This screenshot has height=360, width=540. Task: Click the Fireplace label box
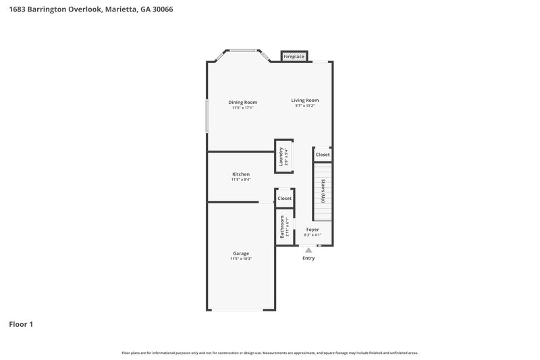[x=294, y=57]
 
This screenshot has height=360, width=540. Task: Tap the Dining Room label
[x=242, y=102]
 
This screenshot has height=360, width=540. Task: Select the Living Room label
[x=304, y=100]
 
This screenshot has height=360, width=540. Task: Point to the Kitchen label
[x=241, y=174]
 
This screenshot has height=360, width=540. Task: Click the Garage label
[x=241, y=253]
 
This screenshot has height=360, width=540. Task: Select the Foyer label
[x=312, y=230]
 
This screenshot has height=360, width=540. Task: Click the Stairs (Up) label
[x=323, y=191]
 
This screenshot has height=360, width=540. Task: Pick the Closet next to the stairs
[x=323, y=155]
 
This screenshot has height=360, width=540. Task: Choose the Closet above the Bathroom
[x=284, y=199]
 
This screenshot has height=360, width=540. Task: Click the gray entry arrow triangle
[x=308, y=250]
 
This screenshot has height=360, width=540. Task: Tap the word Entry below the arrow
[x=308, y=258]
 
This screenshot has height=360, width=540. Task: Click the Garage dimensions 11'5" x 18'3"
[x=241, y=259]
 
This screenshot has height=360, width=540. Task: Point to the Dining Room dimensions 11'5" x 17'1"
[x=242, y=107]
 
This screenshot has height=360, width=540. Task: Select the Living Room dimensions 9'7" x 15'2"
[x=304, y=105]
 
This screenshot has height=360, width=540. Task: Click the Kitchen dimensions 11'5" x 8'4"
[x=241, y=180]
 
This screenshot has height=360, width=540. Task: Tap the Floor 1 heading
[x=21, y=324]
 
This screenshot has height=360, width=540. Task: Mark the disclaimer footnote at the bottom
[x=270, y=353]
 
